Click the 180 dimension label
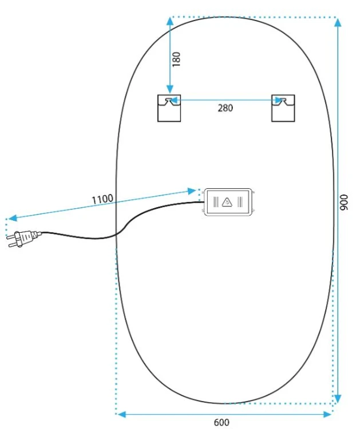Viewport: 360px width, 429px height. click(x=177, y=59)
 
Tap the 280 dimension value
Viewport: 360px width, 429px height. click(x=226, y=108)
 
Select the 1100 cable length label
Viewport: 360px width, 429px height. click(x=102, y=199)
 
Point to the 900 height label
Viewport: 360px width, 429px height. click(x=343, y=202)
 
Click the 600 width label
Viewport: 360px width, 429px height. click(x=221, y=423)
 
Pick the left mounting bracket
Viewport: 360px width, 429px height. click(x=169, y=108)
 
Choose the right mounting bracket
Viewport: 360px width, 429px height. click(x=283, y=108)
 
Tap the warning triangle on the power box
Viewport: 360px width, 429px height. click(x=227, y=202)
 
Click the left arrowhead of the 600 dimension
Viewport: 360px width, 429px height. click(x=122, y=414)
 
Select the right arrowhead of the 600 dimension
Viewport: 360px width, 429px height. click(x=327, y=414)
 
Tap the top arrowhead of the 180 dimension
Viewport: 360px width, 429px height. click(x=170, y=21)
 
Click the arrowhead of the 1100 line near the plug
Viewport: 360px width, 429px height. click(x=13, y=218)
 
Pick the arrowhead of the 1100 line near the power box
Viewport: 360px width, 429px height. click(x=191, y=190)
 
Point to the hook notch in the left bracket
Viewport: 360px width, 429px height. click(x=169, y=101)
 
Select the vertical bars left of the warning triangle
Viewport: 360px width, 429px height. click(x=216, y=202)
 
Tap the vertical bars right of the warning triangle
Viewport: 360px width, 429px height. click(x=240, y=202)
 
